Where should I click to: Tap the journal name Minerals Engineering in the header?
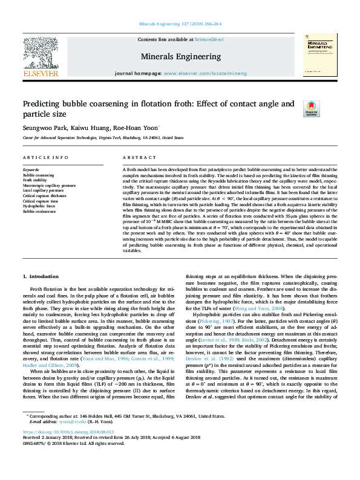coord(180,56)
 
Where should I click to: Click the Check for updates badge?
coord(311,109)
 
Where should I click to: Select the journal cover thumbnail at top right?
coord(320,54)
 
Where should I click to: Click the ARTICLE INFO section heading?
coord(45,157)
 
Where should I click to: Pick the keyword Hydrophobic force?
coord(39,207)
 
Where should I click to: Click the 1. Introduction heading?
coord(42,276)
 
